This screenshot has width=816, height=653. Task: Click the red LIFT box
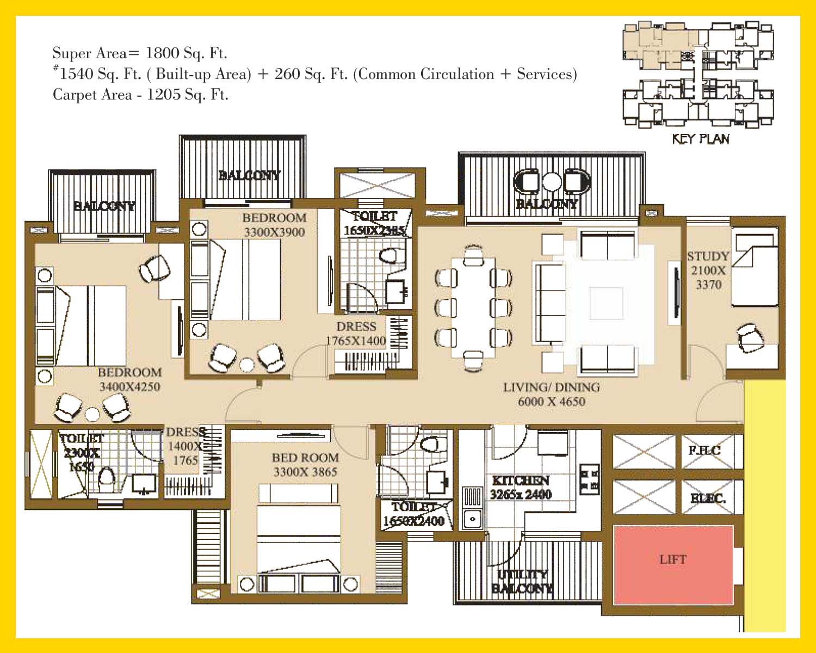tap(673, 564)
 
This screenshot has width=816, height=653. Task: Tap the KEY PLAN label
tap(701, 139)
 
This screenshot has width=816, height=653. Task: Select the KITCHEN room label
tap(521, 480)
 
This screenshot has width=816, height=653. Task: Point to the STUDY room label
tap(708, 256)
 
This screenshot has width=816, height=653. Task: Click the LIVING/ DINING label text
tap(551, 387)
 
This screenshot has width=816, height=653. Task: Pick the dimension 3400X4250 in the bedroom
tap(129, 387)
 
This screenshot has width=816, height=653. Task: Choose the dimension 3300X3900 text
tap(274, 232)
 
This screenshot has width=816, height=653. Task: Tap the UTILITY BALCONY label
tap(522, 581)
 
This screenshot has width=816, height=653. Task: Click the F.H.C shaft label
tap(704, 451)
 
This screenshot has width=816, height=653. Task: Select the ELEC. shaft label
tap(707, 498)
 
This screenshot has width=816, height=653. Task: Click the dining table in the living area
tap(473, 307)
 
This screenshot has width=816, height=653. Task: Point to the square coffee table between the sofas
tap(606, 303)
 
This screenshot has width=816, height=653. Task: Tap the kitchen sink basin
tap(472, 519)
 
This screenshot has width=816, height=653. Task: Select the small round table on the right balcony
tap(551, 181)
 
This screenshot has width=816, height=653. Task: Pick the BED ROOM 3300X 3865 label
tap(305, 465)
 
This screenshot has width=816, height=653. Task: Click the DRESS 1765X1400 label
tap(356, 334)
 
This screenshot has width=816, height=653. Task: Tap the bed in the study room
tap(754, 269)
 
